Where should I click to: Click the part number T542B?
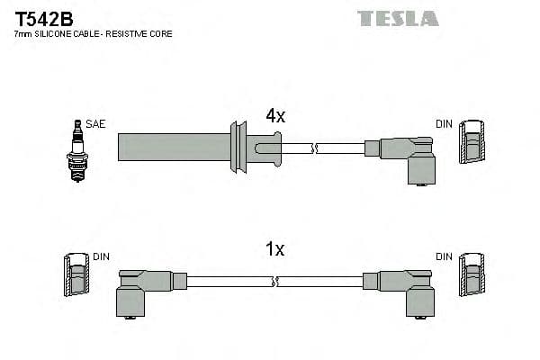43,18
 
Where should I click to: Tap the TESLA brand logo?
397,18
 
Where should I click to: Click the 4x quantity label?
274,116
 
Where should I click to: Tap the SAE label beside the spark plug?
95,124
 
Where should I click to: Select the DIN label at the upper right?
445,124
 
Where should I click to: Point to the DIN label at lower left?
100,256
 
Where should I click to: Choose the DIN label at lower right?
445,256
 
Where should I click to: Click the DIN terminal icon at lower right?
472,276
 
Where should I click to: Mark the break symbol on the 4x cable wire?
313,146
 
